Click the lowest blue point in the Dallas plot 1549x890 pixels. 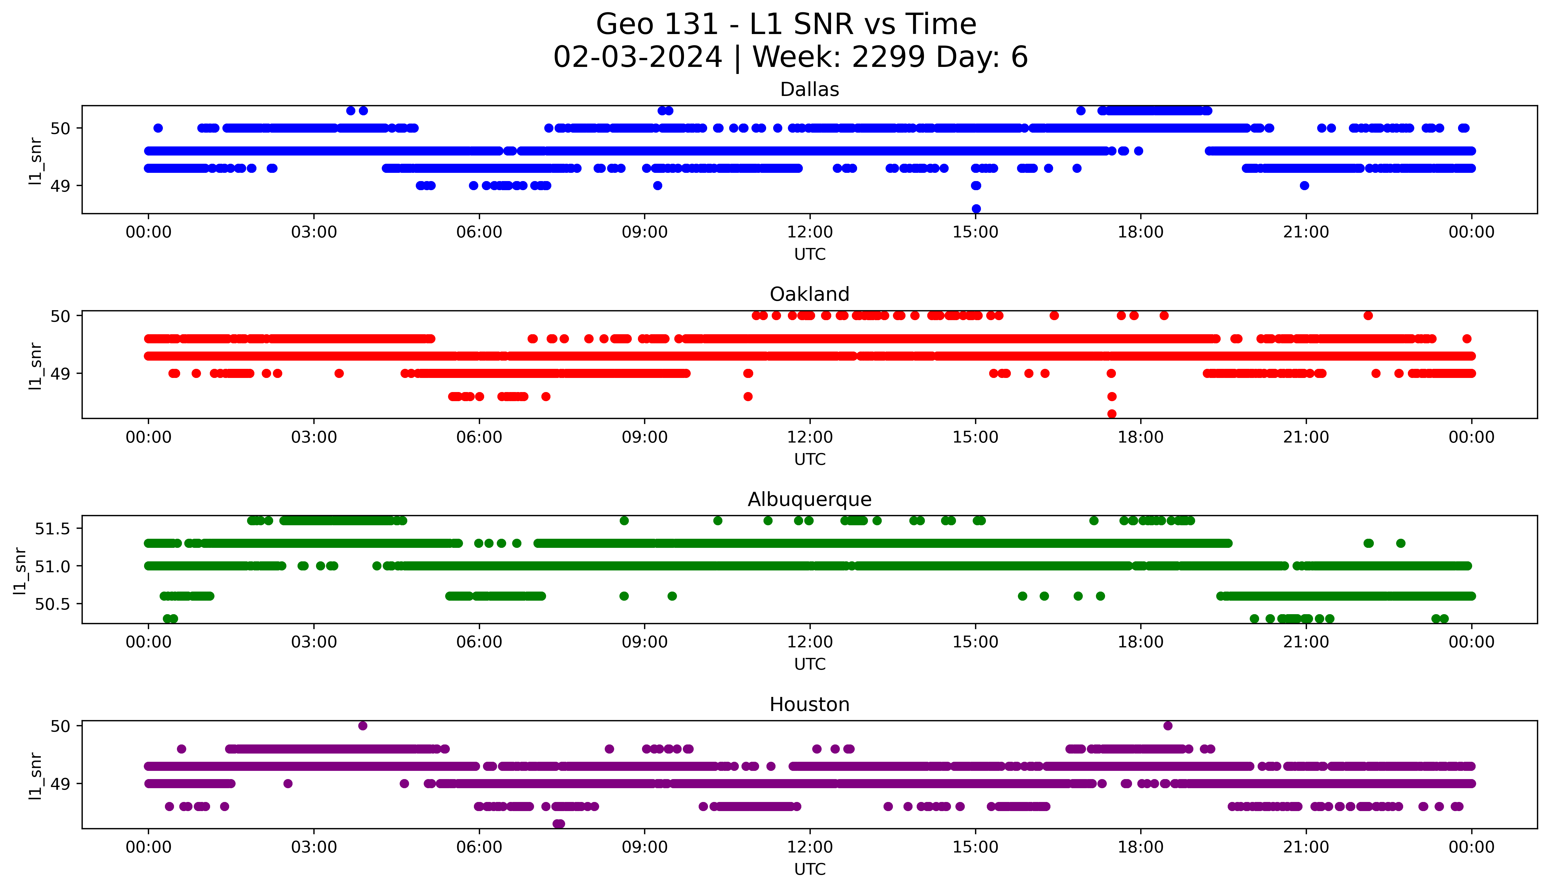[976, 208]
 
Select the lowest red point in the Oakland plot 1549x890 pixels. [1112, 414]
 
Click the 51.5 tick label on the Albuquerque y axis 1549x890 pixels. [53, 528]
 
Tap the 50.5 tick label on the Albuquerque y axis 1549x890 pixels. [53, 604]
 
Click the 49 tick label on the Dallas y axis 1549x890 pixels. [60, 186]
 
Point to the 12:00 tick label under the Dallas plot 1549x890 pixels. [810, 232]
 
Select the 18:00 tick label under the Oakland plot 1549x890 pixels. [1140, 437]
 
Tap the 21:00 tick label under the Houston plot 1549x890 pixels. [1306, 847]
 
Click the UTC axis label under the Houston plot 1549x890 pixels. [810, 869]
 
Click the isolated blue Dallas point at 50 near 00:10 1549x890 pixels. [158, 128]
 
